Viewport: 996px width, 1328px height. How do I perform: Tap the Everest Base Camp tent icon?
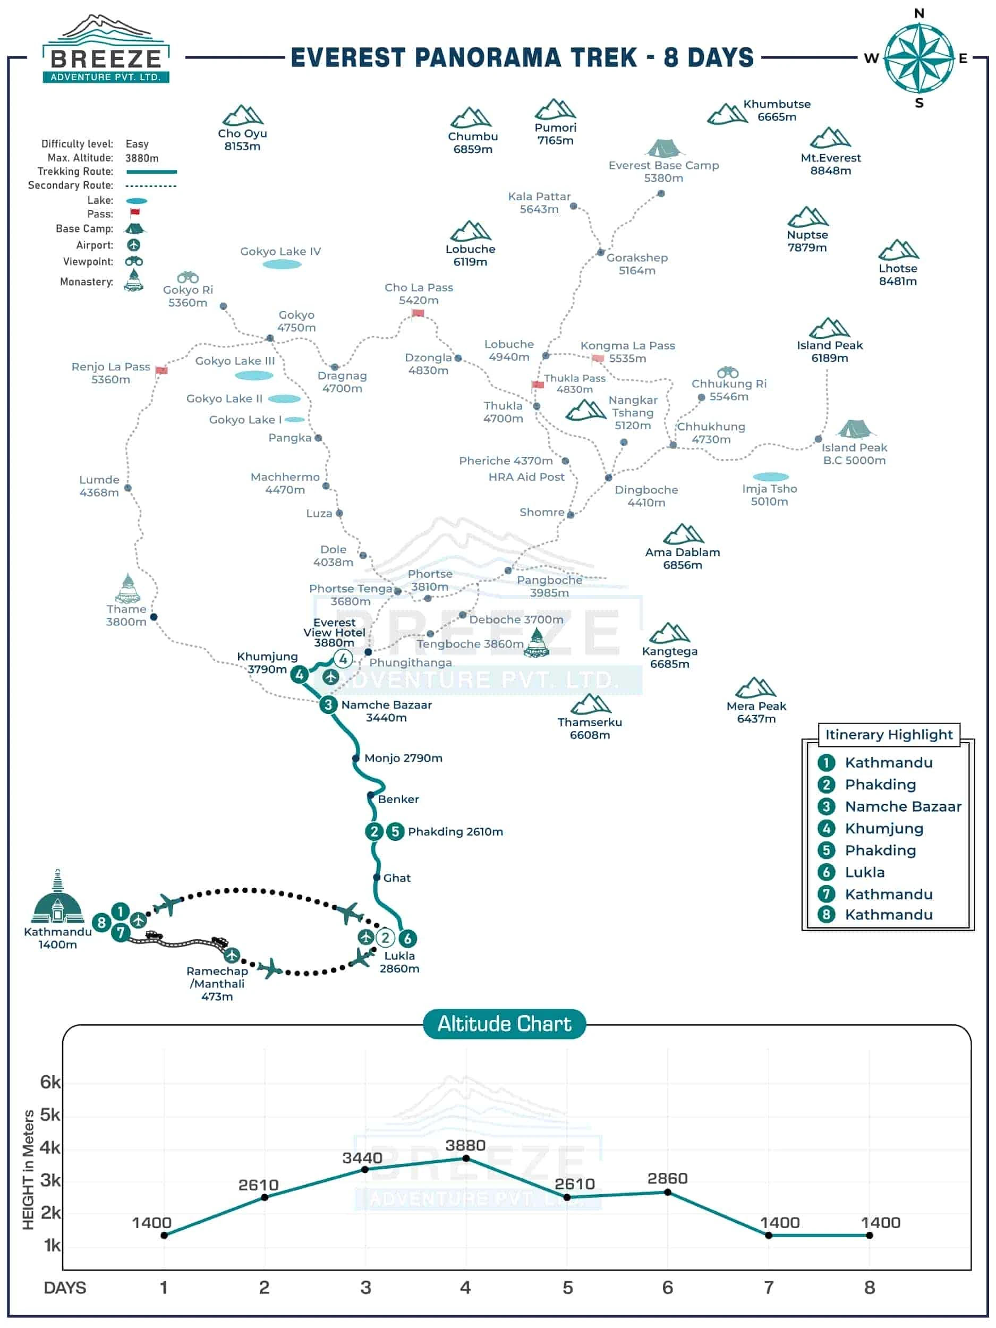[663, 148]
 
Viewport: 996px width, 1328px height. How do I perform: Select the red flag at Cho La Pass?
[418, 313]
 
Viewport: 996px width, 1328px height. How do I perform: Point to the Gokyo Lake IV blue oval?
[282, 264]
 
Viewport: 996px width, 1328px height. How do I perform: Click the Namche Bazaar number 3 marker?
[328, 704]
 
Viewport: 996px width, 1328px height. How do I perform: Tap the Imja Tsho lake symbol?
[770, 476]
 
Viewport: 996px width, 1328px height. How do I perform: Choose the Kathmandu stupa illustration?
[57, 898]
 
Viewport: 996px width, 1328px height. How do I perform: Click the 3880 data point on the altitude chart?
[466, 1158]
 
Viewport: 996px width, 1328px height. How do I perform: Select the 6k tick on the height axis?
[50, 1082]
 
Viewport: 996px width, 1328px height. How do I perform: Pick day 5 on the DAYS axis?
[567, 1287]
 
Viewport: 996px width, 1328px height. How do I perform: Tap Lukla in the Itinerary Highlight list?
[864, 872]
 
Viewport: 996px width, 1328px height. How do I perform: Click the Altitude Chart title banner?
[504, 1024]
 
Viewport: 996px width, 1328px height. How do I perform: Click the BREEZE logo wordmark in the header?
[106, 59]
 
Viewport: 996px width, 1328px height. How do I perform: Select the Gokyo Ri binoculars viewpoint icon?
[188, 277]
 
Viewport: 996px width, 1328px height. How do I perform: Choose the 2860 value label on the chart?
[667, 1179]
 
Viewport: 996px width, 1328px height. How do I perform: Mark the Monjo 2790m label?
[403, 758]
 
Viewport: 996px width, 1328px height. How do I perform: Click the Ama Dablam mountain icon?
[683, 534]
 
